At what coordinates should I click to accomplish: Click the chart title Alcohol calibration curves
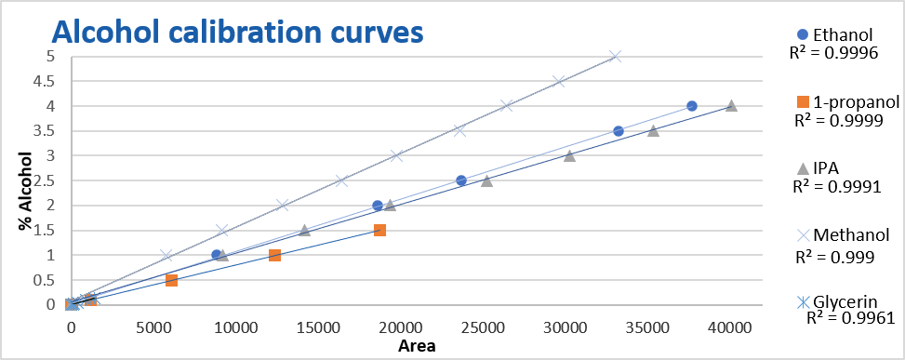[x=237, y=31]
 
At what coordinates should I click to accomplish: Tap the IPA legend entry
[x=827, y=168]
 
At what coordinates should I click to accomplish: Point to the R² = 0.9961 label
[x=849, y=318]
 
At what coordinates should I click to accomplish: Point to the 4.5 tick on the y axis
[x=44, y=81]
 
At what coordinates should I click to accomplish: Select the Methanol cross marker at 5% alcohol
[x=615, y=56]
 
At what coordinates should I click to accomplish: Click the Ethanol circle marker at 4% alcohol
[x=692, y=106]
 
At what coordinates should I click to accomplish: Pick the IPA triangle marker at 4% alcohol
[x=731, y=106]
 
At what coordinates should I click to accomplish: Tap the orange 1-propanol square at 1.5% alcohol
[x=379, y=230]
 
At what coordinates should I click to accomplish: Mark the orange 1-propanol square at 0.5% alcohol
[x=171, y=280]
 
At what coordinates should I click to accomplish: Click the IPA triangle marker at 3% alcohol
[x=569, y=156]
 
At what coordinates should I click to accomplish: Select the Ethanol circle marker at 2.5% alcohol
[x=461, y=180]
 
